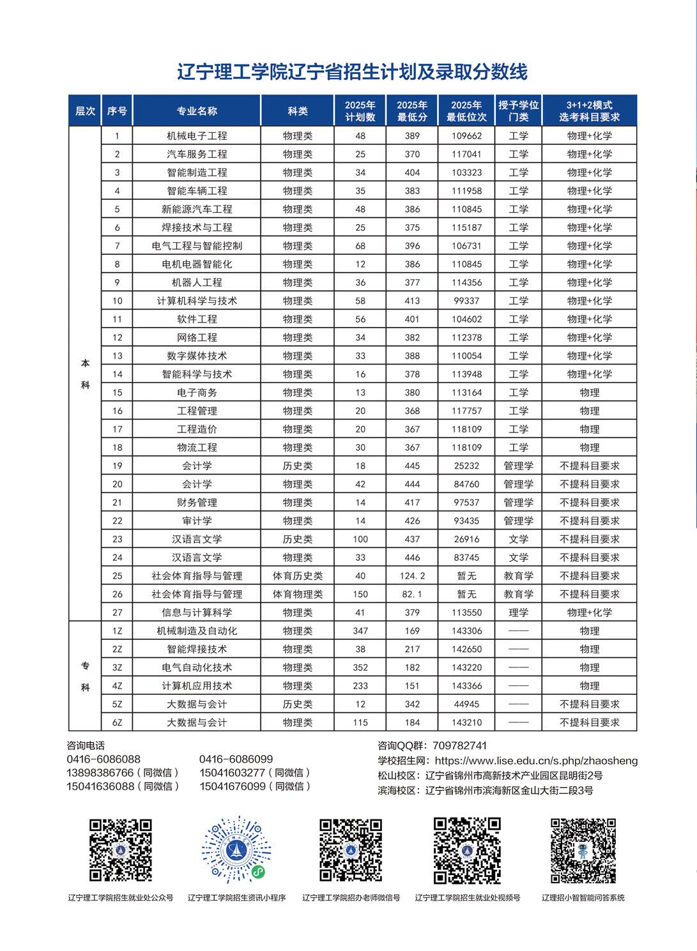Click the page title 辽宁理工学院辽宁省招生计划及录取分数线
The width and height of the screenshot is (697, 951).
[x=352, y=72]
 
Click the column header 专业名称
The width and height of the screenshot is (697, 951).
[x=197, y=110]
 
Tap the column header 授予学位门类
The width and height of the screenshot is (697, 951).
[x=518, y=110]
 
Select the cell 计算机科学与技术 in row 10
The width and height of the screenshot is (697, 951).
[x=197, y=301]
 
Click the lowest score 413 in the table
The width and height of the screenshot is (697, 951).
[x=412, y=301]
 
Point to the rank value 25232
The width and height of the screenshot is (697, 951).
[x=466, y=466]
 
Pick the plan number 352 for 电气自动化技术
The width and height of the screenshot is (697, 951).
[x=360, y=667]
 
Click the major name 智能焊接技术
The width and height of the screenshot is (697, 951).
[x=197, y=649]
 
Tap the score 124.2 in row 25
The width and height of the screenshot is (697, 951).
[x=412, y=575]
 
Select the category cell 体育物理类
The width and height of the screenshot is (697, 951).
[x=298, y=594]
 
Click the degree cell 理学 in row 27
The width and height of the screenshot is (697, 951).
[x=518, y=612]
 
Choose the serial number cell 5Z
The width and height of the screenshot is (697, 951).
[x=117, y=704]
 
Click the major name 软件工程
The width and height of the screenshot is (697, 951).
[x=197, y=319]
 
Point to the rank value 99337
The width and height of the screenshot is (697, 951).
[x=466, y=301]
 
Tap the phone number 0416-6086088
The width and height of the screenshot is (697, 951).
[x=103, y=759]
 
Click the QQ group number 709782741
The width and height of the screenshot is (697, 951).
[x=459, y=745]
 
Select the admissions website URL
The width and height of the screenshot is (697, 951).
[x=536, y=761]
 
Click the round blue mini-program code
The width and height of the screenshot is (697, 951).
[x=236, y=850]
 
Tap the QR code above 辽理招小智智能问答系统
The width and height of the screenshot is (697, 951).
[x=583, y=850]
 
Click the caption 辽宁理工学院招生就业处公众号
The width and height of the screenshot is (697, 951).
[x=121, y=897]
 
